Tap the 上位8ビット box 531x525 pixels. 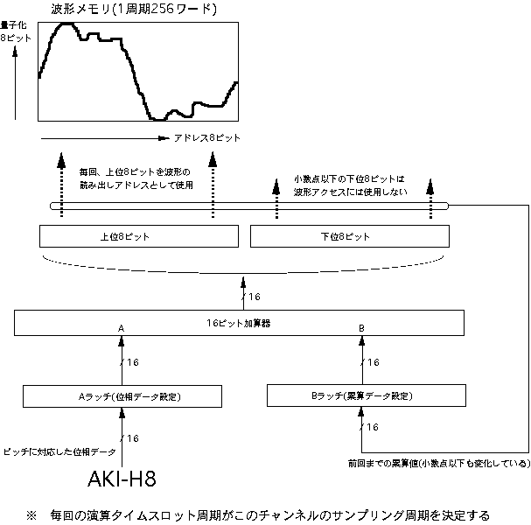click(x=140, y=236)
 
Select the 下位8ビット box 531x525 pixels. click(x=351, y=236)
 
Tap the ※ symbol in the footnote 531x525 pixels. click(x=32, y=514)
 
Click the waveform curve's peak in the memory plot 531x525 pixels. click(x=66, y=24)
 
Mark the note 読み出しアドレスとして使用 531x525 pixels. click(x=135, y=185)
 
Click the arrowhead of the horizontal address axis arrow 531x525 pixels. click(x=162, y=138)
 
